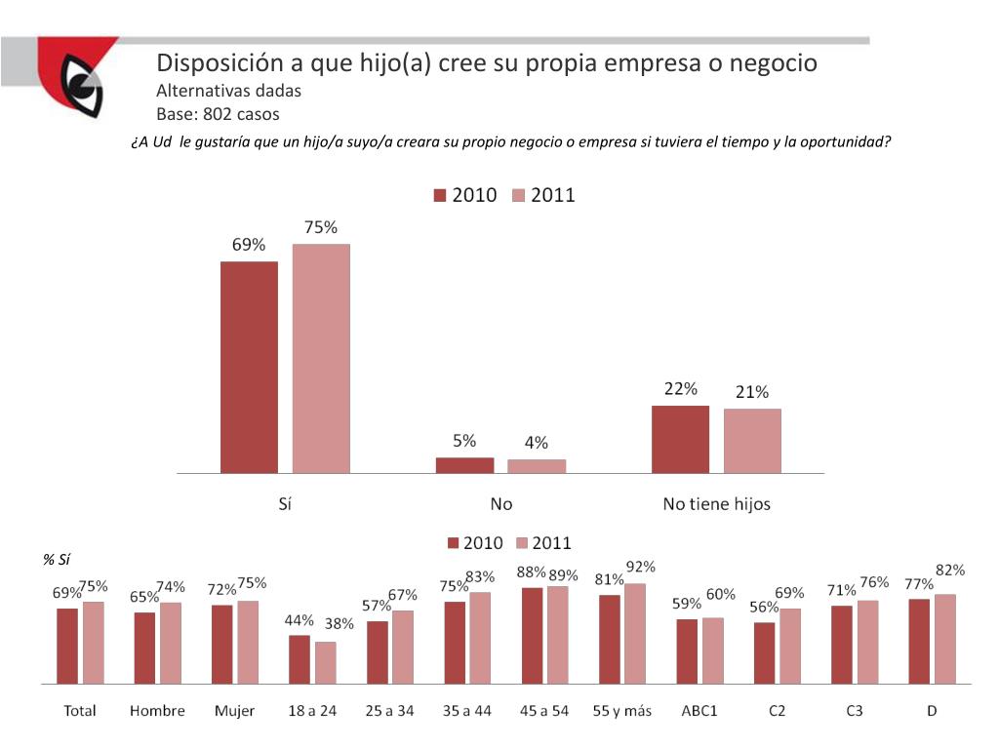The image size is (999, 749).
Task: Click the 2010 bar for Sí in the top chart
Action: coord(249,368)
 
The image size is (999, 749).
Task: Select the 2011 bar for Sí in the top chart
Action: coord(321,359)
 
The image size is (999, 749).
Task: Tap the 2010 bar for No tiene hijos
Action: coord(680,440)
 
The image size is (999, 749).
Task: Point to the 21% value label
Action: coord(752,392)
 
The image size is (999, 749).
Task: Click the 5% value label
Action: coord(464,441)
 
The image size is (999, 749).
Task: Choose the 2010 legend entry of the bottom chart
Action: coord(475,543)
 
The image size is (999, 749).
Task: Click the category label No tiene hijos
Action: coord(716,504)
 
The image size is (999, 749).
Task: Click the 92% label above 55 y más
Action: coord(640,567)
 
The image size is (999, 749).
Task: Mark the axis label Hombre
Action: coord(157,711)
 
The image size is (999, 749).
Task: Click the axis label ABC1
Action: coord(699,711)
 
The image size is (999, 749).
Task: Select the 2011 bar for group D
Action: coord(944,638)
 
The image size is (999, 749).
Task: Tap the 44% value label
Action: coord(299,620)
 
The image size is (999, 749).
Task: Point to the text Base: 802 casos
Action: coord(218,114)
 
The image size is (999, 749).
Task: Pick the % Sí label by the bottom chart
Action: coord(57,559)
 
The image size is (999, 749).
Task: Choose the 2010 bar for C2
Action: coord(765,651)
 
